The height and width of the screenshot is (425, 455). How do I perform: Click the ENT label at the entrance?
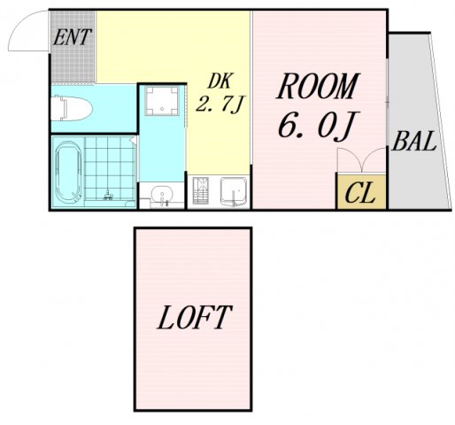72,37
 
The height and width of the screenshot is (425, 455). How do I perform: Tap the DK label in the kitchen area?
220,81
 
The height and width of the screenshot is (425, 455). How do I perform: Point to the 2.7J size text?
220,104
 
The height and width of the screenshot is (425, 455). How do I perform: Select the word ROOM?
318,86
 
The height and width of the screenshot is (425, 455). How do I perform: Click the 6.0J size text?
319,125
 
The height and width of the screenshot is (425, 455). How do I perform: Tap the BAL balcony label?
414,141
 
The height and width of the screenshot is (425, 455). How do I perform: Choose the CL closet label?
360,193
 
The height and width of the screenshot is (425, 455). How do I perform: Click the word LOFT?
195,317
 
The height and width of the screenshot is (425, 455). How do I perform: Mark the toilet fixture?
72,108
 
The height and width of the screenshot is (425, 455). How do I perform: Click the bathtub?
68,173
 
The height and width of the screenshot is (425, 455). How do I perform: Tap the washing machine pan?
162,101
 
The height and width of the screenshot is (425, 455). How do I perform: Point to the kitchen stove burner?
201,190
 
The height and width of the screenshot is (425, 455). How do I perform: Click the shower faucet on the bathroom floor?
108,196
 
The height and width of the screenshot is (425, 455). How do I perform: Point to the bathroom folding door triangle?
134,140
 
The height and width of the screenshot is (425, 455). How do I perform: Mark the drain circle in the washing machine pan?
162,109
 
